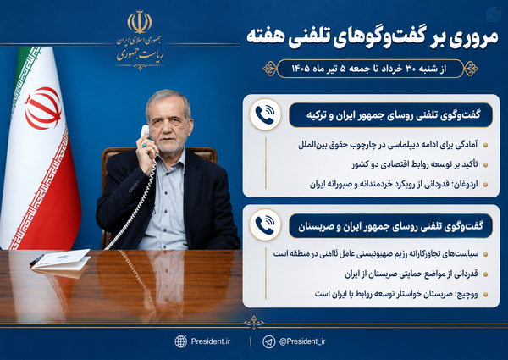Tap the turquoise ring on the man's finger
click(144, 145)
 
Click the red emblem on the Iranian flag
click(43, 108)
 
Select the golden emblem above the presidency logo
click(140, 22)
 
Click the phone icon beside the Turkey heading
click(265, 114)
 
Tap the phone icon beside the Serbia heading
click(265, 224)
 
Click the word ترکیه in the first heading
click(317, 115)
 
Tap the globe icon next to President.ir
click(181, 341)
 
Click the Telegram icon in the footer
click(268, 341)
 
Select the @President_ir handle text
click(302, 341)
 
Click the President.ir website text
click(211, 341)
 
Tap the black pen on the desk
click(36, 260)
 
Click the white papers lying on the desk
click(61, 259)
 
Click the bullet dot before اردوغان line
click(485, 185)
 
